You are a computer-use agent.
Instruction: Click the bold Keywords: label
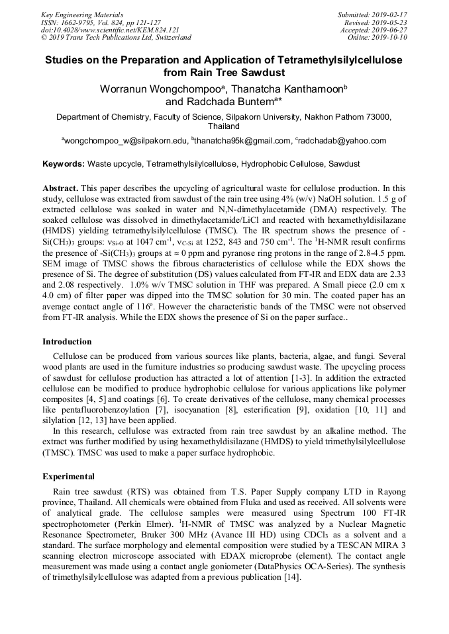tap(64, 163)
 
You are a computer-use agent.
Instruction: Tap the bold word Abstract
tap(60, 188)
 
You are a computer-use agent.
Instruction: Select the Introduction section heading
tap(67, 342)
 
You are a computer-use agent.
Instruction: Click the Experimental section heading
tap(68, 476)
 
